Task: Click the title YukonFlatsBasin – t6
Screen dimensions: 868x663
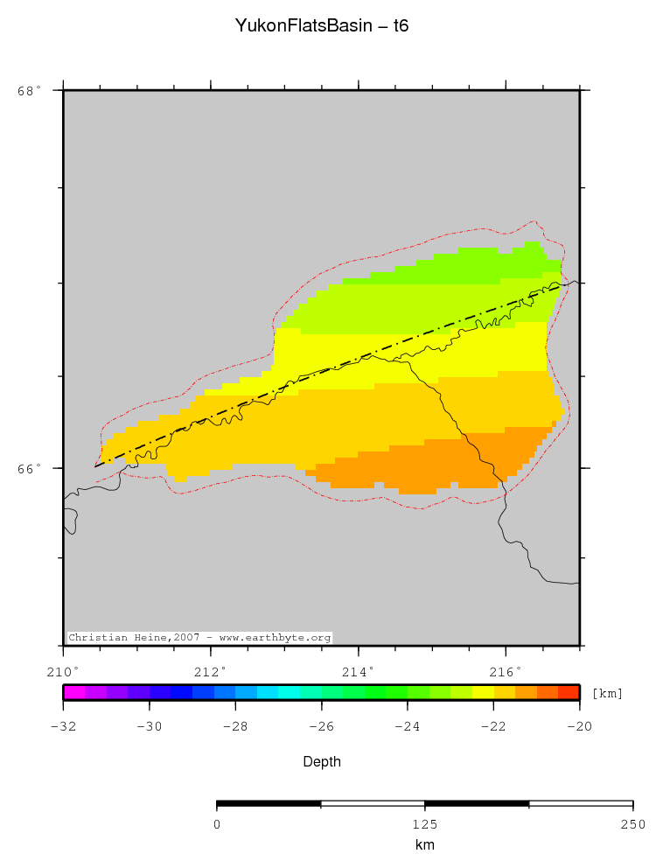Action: [322, 26]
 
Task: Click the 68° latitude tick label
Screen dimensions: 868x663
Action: [30, 90]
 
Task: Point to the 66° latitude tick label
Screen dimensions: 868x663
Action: [30, 469]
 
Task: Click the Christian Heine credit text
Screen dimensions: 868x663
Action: [199, 638]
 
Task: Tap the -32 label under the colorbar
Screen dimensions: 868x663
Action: [63, 726]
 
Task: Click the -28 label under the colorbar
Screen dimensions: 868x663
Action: [234, 726]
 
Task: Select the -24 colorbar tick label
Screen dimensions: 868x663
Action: [407, 726]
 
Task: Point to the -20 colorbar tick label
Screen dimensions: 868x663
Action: [579, 726]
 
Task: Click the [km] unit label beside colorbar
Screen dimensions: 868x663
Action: [608, 693]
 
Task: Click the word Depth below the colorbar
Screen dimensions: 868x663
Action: [322, 762]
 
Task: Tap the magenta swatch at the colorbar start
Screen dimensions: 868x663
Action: [73, 692]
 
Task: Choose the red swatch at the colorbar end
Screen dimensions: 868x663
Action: [569, 692]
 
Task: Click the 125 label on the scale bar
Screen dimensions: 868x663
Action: [424, 824]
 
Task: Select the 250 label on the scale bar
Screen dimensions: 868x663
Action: [632, 824]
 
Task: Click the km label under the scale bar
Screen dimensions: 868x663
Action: [424, 845]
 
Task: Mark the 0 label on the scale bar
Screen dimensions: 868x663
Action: [217, 824]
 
